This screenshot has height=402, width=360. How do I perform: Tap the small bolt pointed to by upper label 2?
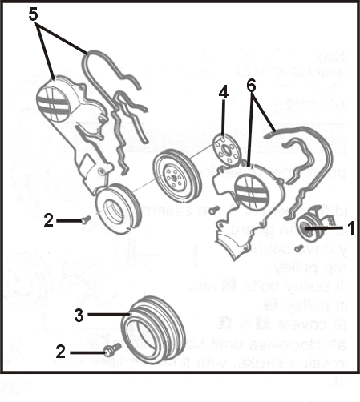(x=84, y=219)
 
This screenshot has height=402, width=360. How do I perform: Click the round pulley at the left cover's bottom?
(x=115, y=210)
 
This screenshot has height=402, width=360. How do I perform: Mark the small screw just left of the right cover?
(x=212, y=210)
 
